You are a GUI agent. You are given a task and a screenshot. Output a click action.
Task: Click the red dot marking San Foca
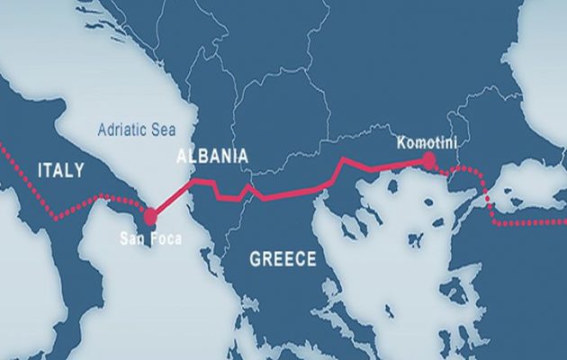coord(150,216)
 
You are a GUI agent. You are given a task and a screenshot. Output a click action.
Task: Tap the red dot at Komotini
coord(428,160)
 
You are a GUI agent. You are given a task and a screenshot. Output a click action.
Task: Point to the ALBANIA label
coord(211,156)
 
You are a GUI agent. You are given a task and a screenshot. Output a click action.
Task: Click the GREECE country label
coord(283,259)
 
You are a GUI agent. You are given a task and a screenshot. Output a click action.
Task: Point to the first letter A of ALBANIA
coord(182,156)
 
